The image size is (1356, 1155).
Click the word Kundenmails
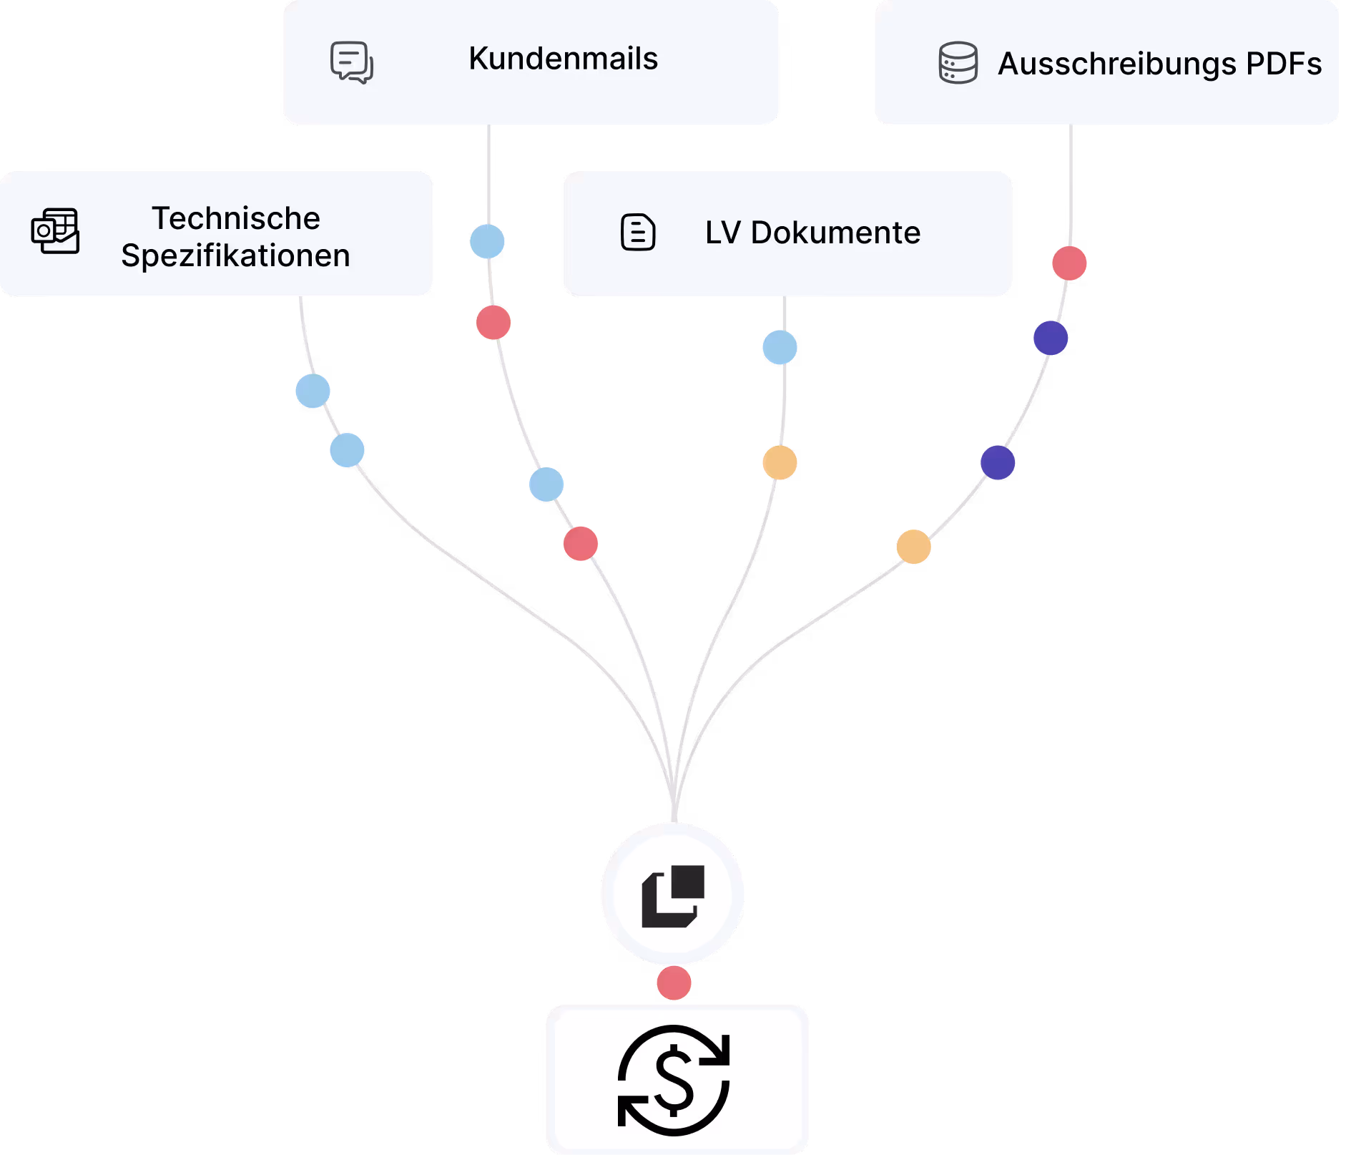point(563,59)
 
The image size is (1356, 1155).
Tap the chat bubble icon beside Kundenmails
point(351,62)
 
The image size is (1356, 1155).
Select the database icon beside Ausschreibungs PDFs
point(958,63)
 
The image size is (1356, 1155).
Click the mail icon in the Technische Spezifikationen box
point(55,230)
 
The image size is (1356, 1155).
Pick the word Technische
point(236,218)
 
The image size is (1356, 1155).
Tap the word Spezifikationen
point(235,255)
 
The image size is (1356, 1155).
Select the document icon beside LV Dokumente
point(637,233)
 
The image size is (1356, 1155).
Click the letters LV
point(722,233)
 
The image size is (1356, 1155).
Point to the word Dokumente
point(835,233)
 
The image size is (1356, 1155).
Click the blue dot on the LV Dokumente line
point(780,348)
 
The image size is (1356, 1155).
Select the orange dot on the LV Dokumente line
point(780,462)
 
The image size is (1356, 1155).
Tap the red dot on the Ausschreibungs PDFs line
point(1069,263)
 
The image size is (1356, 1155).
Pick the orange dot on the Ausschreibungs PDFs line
point(913,547)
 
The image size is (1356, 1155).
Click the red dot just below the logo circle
point(674,983)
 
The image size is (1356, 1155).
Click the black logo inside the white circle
point(673,895)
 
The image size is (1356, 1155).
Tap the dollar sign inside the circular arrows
point(674,1080)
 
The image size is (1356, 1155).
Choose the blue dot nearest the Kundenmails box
point(487,241)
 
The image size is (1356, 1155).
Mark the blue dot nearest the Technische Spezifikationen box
point(313,391)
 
